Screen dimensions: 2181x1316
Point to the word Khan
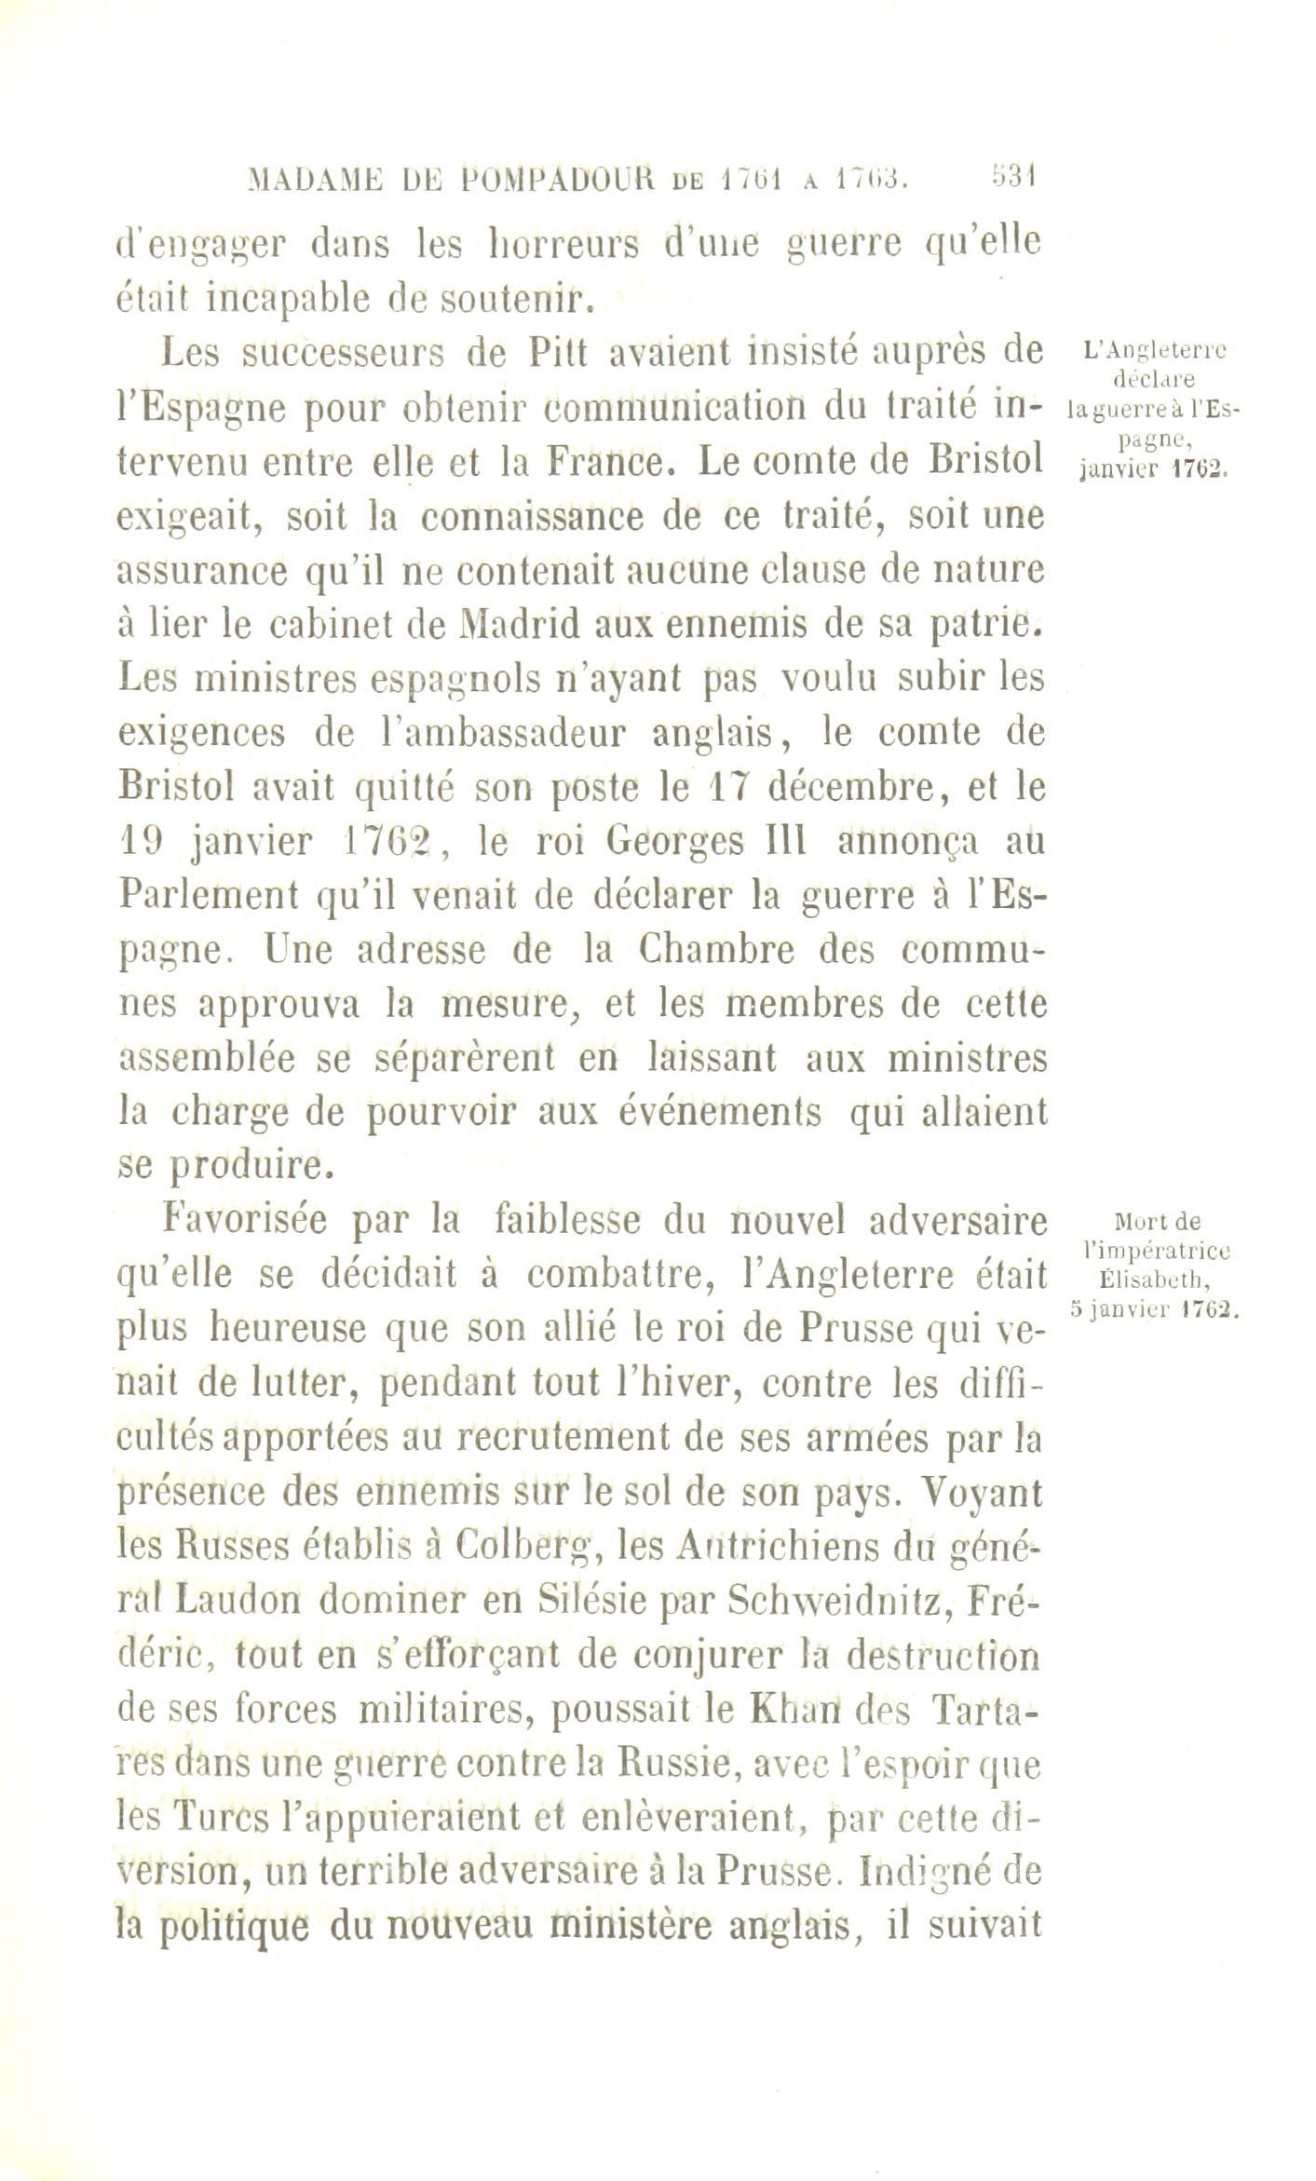click(x=796, y=1711)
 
